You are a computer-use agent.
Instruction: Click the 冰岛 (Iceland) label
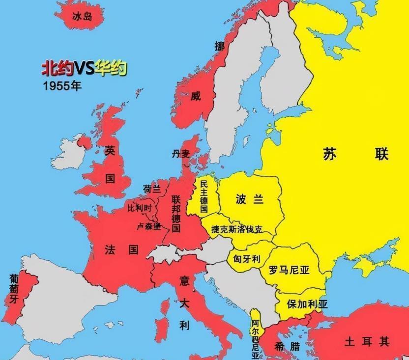pos(82,17)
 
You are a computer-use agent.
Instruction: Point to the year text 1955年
pos(61,85)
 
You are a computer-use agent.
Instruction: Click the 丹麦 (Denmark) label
pos(180,154)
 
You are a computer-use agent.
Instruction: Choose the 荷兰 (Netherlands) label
pos(151,189)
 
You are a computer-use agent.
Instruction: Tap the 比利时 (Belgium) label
pos(141,208)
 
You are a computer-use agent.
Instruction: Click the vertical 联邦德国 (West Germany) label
pos(176,214)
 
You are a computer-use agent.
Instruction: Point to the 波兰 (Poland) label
pos(249,199)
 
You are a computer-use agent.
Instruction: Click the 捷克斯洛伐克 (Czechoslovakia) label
pos(236,229)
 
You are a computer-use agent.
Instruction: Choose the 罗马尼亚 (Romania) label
pos(289,270)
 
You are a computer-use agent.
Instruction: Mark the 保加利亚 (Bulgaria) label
pos(307,304)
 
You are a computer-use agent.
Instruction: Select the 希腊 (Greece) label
pos(288,346)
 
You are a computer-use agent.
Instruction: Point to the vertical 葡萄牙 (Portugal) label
pos(13,289)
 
